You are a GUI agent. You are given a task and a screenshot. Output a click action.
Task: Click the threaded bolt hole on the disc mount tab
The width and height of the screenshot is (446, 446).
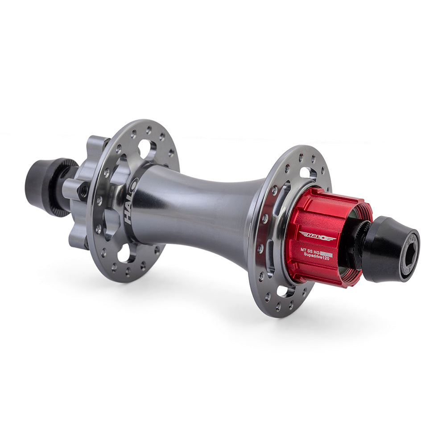click(x=83, y=191)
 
